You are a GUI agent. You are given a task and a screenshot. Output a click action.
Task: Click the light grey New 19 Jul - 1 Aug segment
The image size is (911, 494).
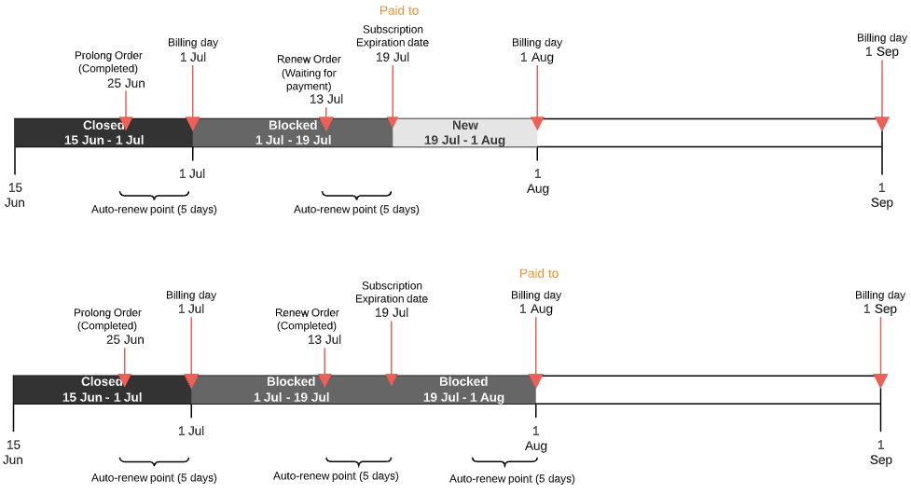[464, 132]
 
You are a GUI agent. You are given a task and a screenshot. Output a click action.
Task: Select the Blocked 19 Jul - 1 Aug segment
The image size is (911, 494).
[463, 390]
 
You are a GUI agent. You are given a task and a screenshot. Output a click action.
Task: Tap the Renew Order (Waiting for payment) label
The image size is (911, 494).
[307, 73]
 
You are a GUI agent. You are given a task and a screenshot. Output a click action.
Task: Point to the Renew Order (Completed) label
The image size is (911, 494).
[306, 320]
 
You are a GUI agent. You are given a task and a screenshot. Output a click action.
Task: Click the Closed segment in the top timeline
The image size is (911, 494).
[103, 132]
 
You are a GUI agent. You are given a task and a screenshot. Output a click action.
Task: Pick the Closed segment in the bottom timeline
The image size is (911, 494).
[102, 390]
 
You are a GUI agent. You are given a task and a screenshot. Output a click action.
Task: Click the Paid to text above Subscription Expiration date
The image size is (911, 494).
[399, 10]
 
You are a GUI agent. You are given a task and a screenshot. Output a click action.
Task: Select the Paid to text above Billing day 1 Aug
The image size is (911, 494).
[539, 273]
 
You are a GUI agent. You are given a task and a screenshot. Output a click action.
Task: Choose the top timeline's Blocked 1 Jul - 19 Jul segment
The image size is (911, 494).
[293, 132]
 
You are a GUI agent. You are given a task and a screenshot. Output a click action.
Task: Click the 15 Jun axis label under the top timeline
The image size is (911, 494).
[15, 195]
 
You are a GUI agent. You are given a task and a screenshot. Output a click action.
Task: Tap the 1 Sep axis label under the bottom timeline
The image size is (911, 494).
[881, 452]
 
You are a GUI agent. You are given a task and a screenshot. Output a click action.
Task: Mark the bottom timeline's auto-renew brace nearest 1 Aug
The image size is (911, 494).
[504, 462]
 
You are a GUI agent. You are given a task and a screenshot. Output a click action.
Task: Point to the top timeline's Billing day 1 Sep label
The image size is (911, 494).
[881, 45]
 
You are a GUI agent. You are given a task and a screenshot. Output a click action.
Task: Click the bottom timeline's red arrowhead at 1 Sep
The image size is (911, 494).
[880, 380]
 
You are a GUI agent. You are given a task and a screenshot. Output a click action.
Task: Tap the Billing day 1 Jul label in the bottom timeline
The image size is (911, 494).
[191, 302]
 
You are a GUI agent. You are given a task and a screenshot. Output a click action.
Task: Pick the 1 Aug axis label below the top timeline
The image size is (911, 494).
[537, 181]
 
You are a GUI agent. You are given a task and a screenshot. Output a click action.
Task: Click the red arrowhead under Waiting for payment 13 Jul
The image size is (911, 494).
[326, 124]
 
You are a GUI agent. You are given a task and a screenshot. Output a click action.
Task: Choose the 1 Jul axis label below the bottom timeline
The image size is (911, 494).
[191, 431]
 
